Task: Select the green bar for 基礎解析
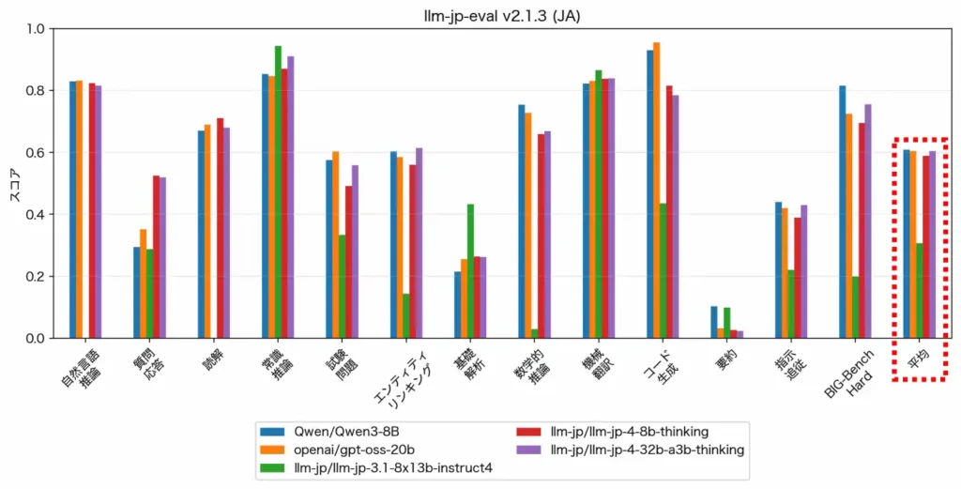pos(471,271)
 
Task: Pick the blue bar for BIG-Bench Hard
pos(843,211)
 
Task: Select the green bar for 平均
pos(920,290)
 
